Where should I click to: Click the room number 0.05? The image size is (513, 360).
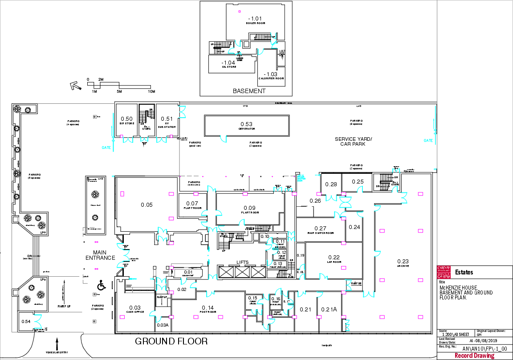coord(147,205)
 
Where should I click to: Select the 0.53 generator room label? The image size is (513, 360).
coord(247,124)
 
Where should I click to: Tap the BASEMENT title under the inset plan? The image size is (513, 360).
coord(249,91)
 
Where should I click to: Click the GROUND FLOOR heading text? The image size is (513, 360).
coord(171,342)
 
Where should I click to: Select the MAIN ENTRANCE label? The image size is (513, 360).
coord(101,255)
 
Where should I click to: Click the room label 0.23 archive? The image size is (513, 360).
coord(403,262)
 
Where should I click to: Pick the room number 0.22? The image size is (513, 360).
coord(334,258)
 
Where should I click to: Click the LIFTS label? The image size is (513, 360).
coord(243,262)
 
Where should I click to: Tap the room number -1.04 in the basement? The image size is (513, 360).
coord(228,63)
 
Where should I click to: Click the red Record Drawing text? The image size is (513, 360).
coord(474,356)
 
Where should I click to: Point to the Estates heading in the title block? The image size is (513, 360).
coord(464,272)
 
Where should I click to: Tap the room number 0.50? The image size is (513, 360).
coord(127,119)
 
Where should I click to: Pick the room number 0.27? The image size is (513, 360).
coord(321,228)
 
